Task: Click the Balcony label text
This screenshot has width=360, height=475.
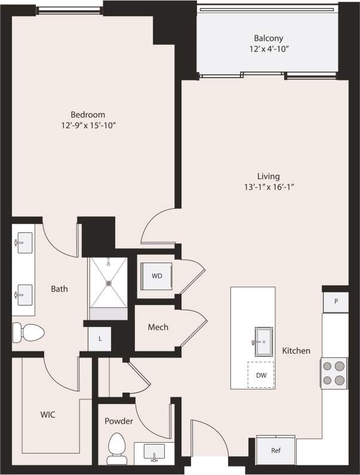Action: [x=264, y=39]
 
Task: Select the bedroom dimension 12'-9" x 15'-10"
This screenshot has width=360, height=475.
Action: [x=88, y=125]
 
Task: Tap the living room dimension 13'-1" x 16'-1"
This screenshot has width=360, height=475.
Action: [x=269, y=187]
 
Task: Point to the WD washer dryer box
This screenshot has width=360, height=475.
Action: [x=156, y=276]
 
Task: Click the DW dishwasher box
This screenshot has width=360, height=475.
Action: [x=261, y=375]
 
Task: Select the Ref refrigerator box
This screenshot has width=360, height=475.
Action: [x=276, y=451]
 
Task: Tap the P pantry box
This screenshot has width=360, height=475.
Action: [x=336, y=301]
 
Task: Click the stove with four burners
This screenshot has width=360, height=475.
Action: [x=334, y=373]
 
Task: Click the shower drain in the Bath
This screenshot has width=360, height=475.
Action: [x=109, y=284]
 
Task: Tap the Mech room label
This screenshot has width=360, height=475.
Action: [x=158, y=327]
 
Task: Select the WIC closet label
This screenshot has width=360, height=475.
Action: [x=48, y=414]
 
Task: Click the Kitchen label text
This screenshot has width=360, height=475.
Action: [x=296, y=351]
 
